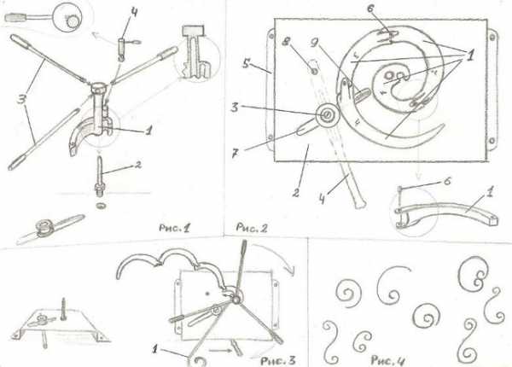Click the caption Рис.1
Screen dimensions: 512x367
click(174, 228)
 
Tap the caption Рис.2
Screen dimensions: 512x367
click(252, 228)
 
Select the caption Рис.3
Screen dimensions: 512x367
click(278, 360)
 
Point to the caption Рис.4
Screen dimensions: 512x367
click(388, 360)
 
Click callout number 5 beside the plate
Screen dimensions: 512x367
click(247, 64)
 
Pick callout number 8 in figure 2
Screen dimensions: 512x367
click(288, 43)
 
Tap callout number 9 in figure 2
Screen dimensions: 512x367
click(315, 43)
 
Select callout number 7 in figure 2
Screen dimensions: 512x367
click(236, 154)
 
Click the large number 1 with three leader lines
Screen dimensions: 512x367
click(469, 55)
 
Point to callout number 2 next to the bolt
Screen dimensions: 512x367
click(138, 165)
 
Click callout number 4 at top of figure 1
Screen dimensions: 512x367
click(134, 14)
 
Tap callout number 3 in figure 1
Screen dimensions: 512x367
click(23, 99)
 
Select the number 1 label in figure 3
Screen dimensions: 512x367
click(154, 350)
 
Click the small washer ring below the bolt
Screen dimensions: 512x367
click(101, 206)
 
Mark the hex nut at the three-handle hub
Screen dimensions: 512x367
click(97, 88)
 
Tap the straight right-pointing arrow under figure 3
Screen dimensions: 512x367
click(219, 350)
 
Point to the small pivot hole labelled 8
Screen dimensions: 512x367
click(314, 72)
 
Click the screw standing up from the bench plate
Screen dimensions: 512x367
click(63, 306)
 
